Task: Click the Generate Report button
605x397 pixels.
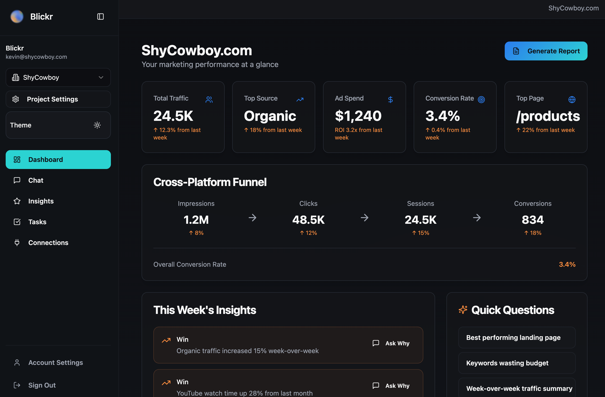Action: pos(546,51)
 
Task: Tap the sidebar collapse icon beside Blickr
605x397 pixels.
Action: pos(101,17)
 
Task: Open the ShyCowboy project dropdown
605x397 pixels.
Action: pos(58,77)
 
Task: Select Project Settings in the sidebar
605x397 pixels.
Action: pos(58,99)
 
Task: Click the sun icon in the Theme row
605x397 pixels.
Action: pos(97,125)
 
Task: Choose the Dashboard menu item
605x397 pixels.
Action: pos(58,160)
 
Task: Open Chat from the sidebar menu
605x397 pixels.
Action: pos(36,180)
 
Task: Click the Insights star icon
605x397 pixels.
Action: pos(17,201)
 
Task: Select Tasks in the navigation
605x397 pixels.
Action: pos(37,222)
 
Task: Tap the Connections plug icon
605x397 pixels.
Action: pos(17,243)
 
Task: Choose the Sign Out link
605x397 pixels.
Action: pos(42,385)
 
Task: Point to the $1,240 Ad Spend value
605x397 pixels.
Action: pos(358,116)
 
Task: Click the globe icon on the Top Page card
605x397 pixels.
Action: pos(572,99)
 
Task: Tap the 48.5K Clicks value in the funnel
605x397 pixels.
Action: pos(308,220)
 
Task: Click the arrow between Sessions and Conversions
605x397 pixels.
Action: pos(477,218)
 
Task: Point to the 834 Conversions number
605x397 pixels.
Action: pos(533,220)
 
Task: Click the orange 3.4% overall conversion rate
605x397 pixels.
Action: pos(567,264)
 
